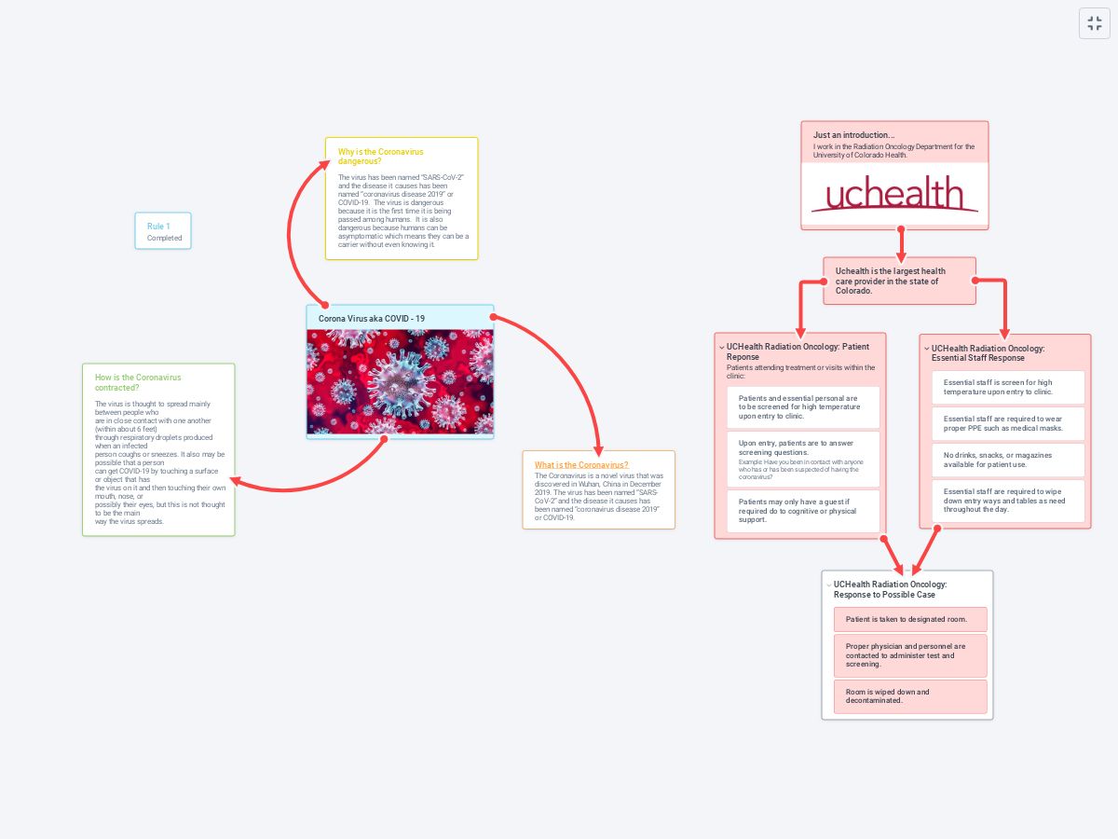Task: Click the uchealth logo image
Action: tap(894, 195)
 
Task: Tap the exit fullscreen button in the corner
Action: tap(1095, 23)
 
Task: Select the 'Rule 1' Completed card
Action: tap(163, 231)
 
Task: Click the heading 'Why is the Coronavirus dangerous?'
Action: tap(380, 156)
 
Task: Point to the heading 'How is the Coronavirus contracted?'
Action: tap(138, 381)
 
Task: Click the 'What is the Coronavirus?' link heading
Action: tap(581, 464)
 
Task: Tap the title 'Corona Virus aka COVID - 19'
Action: tap(372, 319)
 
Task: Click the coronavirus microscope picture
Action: tap(400, 382)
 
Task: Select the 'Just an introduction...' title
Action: tap(853, 135)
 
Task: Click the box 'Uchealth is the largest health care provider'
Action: tap(899, 281)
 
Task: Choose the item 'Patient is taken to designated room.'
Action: tap(909, 619)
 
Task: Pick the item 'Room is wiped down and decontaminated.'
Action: tap(909, 696)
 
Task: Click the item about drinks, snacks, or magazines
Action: tap(1008, 460)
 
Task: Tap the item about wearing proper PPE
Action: tap(1008, 423)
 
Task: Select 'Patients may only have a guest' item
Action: tap(802, 510)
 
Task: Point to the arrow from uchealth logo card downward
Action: tap(901, 244)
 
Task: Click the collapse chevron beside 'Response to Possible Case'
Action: tap(828, 585)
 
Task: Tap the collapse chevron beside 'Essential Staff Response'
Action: tap(926, 349)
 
